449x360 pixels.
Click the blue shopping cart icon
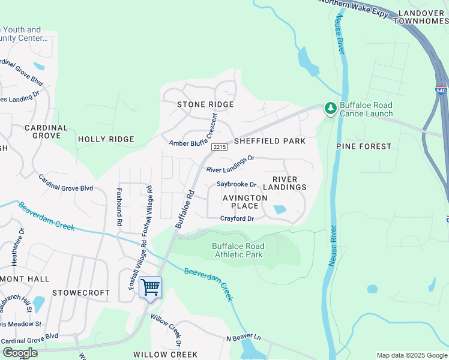click(x=150, y=287)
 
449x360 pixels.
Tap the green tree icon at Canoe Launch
click(x=330, y=109)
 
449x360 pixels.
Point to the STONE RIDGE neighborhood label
click(x=205, y=104)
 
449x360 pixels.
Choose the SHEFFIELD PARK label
click(x=270, y=141)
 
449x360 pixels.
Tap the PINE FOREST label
click(x=364, y=146)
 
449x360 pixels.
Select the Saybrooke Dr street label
click(x=237, y=184)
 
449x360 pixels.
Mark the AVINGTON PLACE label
click(x=245, y=202)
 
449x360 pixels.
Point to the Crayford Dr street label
click(x=237, y=218)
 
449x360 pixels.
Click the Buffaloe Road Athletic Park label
click(x=238, y=250)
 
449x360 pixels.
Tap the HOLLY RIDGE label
click(x=106, y=139)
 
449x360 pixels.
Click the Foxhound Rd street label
click(x=119, y=208)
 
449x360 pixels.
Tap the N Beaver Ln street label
click(x=244, y=338)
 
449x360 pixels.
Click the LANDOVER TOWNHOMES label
click(x=421, y=16)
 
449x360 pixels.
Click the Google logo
click(x=20, y=353)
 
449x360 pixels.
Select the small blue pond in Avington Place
click(x=279, y=210)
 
